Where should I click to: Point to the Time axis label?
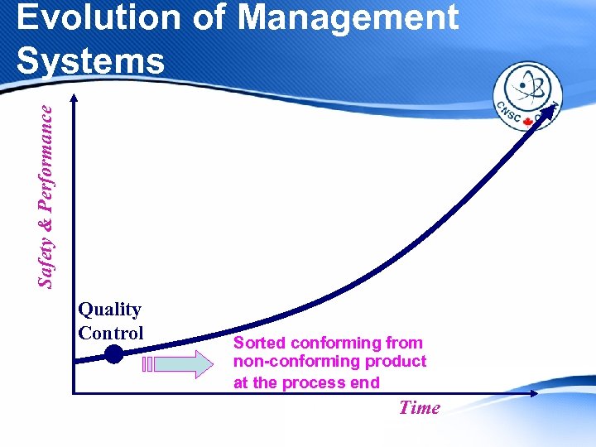(419, 407)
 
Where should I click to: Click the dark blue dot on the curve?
(113, 355)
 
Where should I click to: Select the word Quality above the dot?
(109, 310)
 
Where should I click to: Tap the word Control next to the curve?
(110, 333)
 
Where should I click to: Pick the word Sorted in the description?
(259, 343)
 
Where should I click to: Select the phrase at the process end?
(306, 382)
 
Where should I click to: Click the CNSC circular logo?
(527, 97)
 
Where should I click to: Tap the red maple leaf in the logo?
(527, 123)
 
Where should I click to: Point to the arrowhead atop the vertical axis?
(74, 99)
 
